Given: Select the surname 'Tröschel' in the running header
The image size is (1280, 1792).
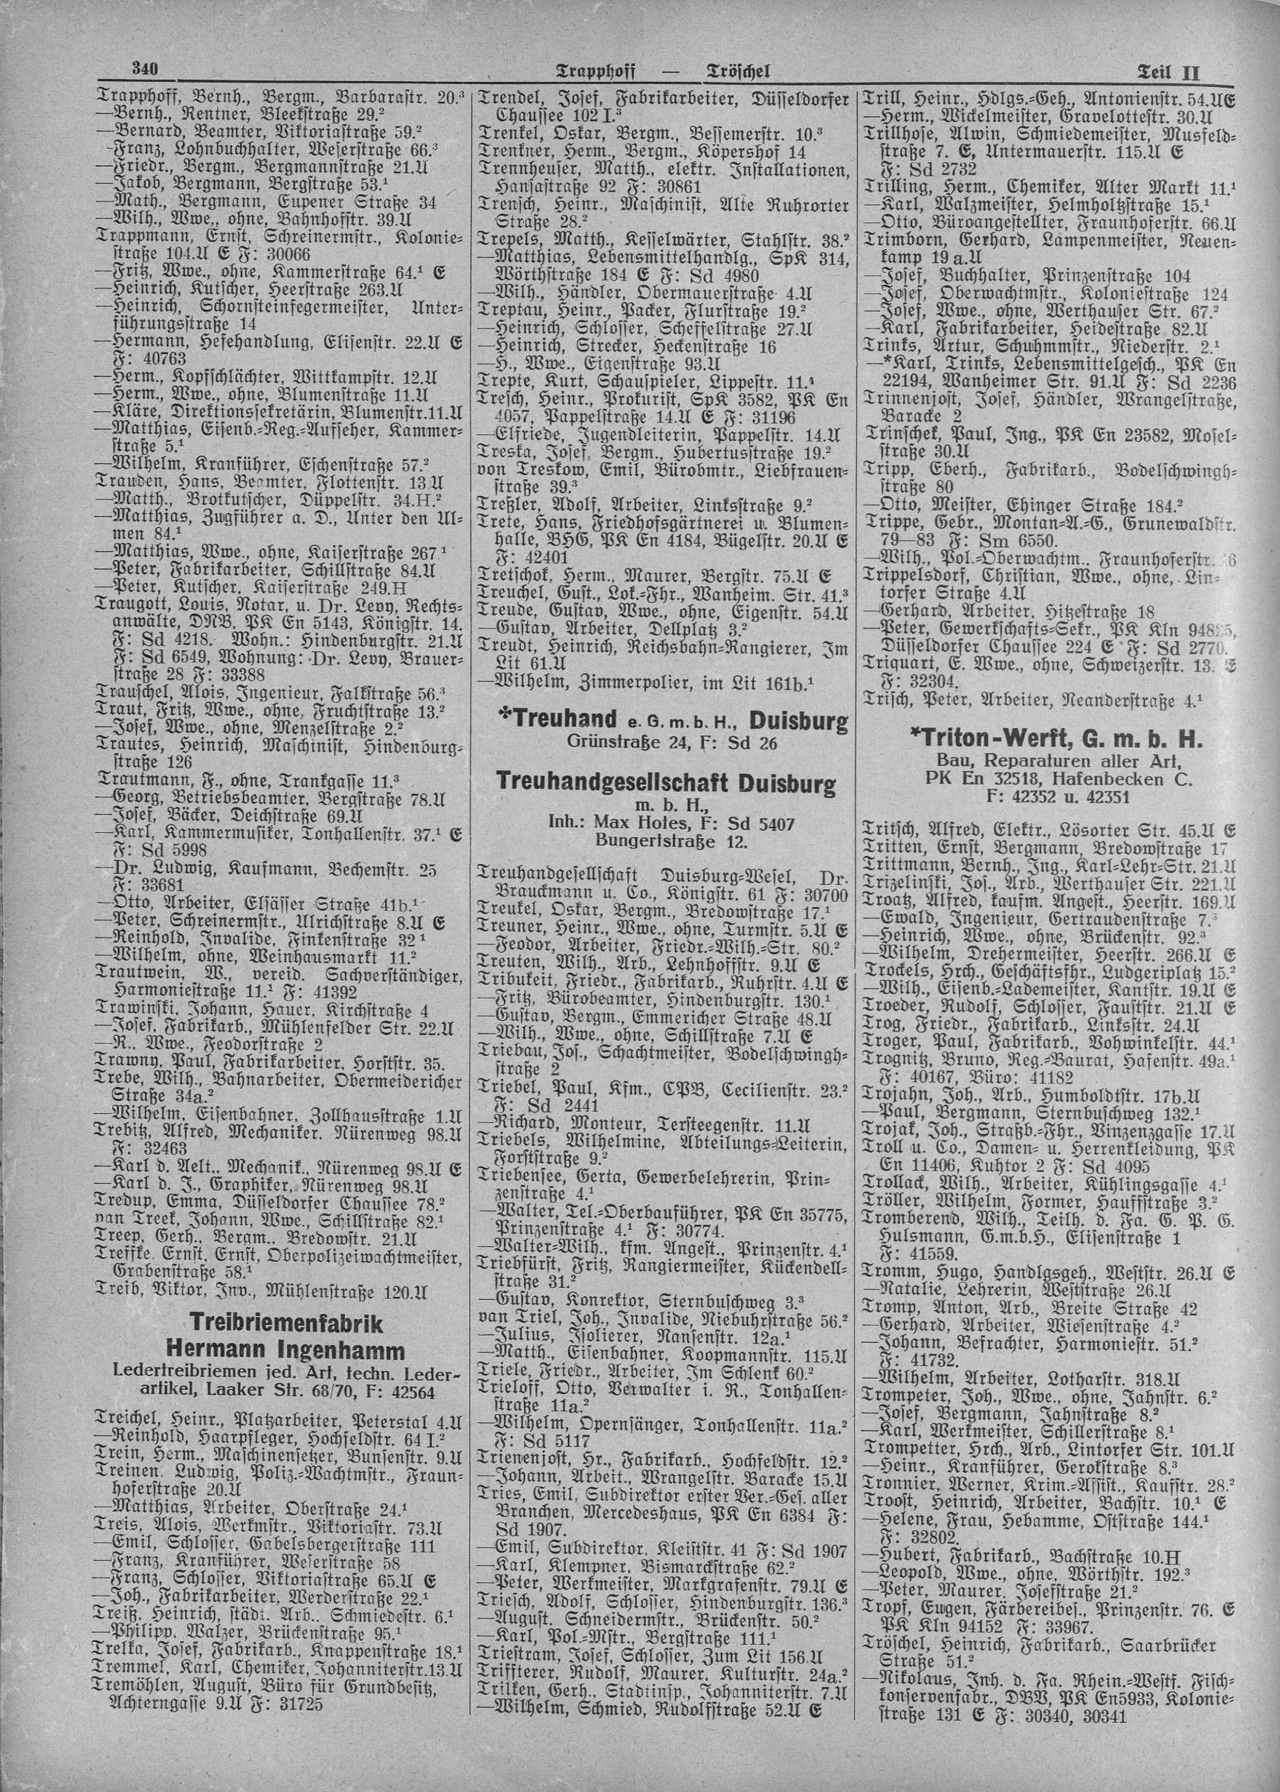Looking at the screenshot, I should point(736,73).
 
